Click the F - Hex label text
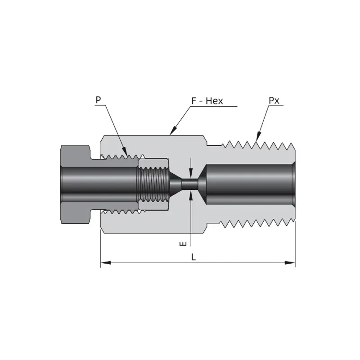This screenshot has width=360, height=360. [x=207, y=101]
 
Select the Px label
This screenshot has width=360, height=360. [x=274, y=100]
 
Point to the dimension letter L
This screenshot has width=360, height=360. [x=193, y=257]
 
